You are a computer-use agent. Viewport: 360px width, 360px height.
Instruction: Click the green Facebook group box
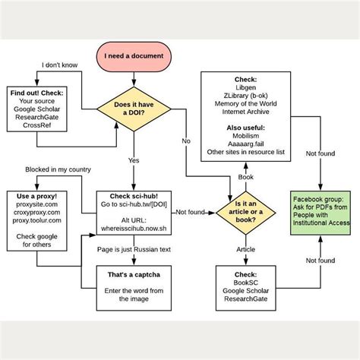click(319, 211)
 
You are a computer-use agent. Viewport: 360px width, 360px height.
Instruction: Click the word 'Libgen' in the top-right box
click(245, 88)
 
